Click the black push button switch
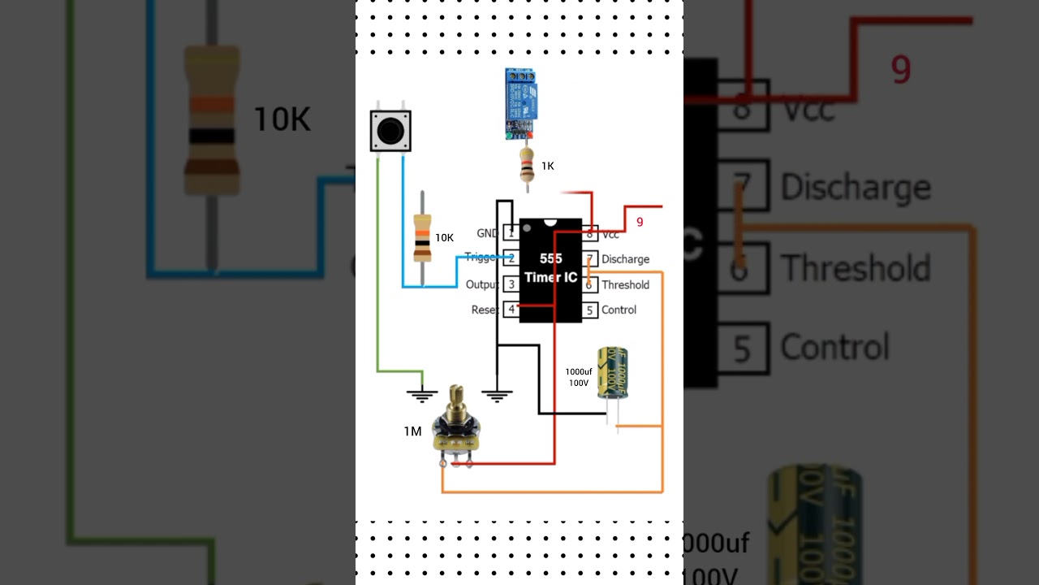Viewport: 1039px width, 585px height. (390, 131)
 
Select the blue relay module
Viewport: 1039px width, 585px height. (519, 101)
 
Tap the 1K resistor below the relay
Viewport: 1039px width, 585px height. (527, 166)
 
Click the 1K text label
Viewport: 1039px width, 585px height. (548, 166)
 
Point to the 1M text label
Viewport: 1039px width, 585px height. (412, 431)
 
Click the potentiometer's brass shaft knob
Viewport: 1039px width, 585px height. (456, 400)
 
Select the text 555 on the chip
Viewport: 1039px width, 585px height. (550, 259)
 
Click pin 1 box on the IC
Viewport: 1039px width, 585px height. (511, 233)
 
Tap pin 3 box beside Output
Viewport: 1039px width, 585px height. (511, 284)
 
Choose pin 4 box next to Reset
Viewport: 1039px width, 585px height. (511, 310)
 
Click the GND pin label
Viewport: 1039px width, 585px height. (487, 233)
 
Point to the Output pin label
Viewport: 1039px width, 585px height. (481, 284)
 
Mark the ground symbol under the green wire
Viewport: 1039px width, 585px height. (421, 396)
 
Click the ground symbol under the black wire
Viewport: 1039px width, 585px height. (497, 396)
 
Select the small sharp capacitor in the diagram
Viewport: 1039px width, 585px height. (612, 374)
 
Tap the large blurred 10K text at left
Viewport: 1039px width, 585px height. (282, 119)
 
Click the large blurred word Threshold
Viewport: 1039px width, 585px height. (855, 268)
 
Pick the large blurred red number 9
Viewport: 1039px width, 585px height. (901, 71)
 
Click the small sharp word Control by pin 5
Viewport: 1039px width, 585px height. (619, 310)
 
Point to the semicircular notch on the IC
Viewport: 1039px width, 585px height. (550, 222)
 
